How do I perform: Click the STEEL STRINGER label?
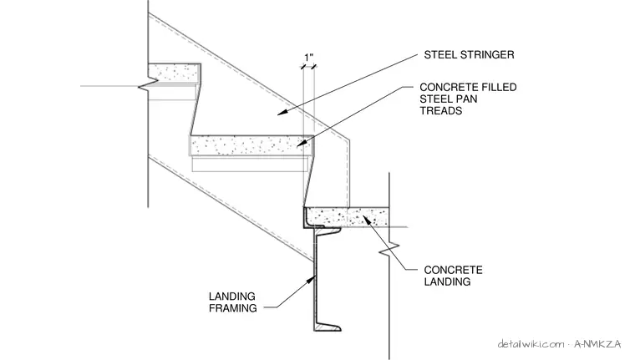[469, 54]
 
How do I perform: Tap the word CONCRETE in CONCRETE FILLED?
[443, 87]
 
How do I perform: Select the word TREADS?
[441, 110]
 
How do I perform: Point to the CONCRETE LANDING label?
[453, 276]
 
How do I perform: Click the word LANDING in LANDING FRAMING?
[232, 297]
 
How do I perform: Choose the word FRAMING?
[233, 308]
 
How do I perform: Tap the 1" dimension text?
[309, 58]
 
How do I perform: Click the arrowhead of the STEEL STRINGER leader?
[282, 112]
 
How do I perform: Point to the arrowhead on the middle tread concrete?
[302, 143]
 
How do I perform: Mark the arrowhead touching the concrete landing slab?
[366, 220]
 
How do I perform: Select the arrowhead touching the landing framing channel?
[312, 279]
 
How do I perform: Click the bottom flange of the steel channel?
[328, 327]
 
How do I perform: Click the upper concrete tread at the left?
[175, 72]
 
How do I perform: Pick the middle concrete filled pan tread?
[251, 145]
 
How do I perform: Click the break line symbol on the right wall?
[389, 249]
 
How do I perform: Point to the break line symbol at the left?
[148, 85]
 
